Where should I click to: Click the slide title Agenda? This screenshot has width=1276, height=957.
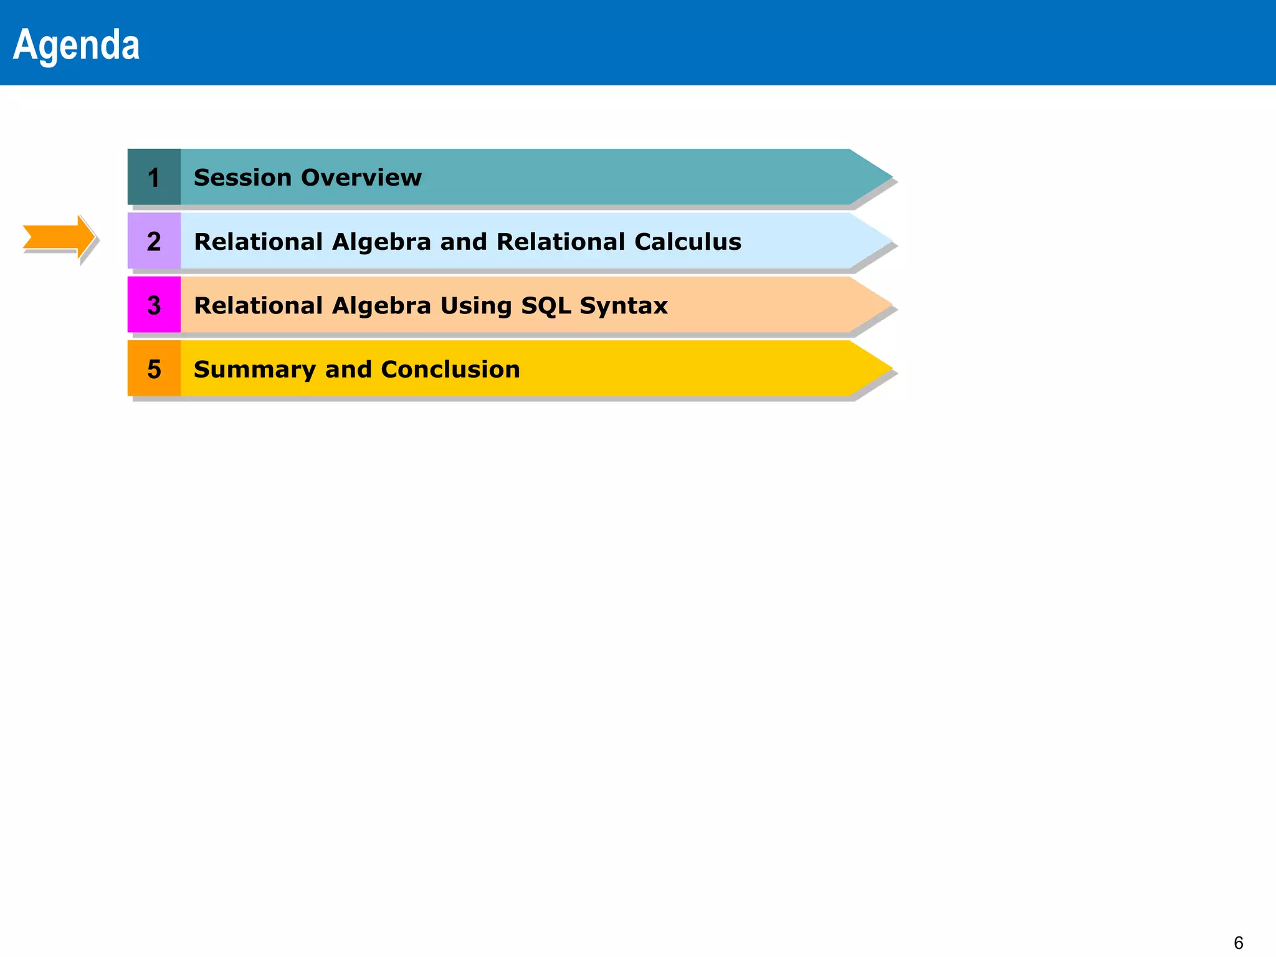(x=76, y=45)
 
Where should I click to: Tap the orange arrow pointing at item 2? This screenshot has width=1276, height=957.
(x=58, y=237)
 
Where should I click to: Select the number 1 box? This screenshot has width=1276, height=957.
(x=154, y=178)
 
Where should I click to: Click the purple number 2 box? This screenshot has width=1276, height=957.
(x=154, y=241)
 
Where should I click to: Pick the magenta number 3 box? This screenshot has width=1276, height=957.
(x=154, y=305)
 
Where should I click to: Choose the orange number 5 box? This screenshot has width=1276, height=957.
(x=154, y=369)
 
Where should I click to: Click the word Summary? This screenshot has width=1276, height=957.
(x=254, y=369)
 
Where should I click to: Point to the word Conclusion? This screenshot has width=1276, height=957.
(x=450, y=369)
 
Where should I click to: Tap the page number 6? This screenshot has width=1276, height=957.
(x=1239, y=943)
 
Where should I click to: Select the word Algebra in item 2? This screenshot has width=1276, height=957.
(x=381, y=242)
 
